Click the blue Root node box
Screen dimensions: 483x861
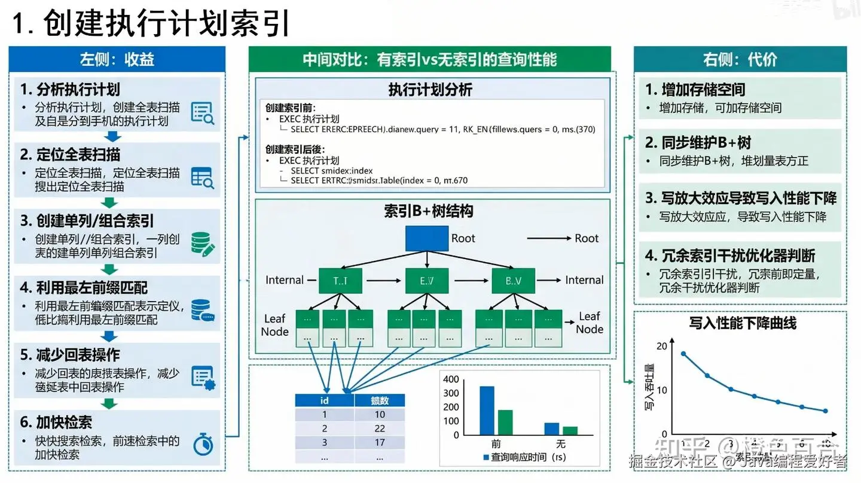point(426,238)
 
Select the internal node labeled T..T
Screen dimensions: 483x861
point(340,280)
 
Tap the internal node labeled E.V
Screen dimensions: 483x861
point(426,280)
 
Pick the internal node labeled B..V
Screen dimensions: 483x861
point(514,280)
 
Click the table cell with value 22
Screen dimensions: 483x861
point(379,429)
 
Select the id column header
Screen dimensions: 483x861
point(325,400)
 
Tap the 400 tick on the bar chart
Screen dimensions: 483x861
point(451,379)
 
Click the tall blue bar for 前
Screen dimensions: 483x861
point(487,410)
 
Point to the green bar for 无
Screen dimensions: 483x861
point(570,430)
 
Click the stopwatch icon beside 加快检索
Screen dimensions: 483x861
point(203,444)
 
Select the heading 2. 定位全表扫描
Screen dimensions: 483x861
point(71,155)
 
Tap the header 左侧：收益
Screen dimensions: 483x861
point(117,59)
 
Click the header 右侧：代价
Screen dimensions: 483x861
point(740,59)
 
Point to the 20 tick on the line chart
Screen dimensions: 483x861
point(661,346)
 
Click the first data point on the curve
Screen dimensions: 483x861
point(683,354)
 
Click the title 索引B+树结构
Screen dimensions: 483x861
point(429,211)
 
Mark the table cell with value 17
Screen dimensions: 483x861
point(379,443)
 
